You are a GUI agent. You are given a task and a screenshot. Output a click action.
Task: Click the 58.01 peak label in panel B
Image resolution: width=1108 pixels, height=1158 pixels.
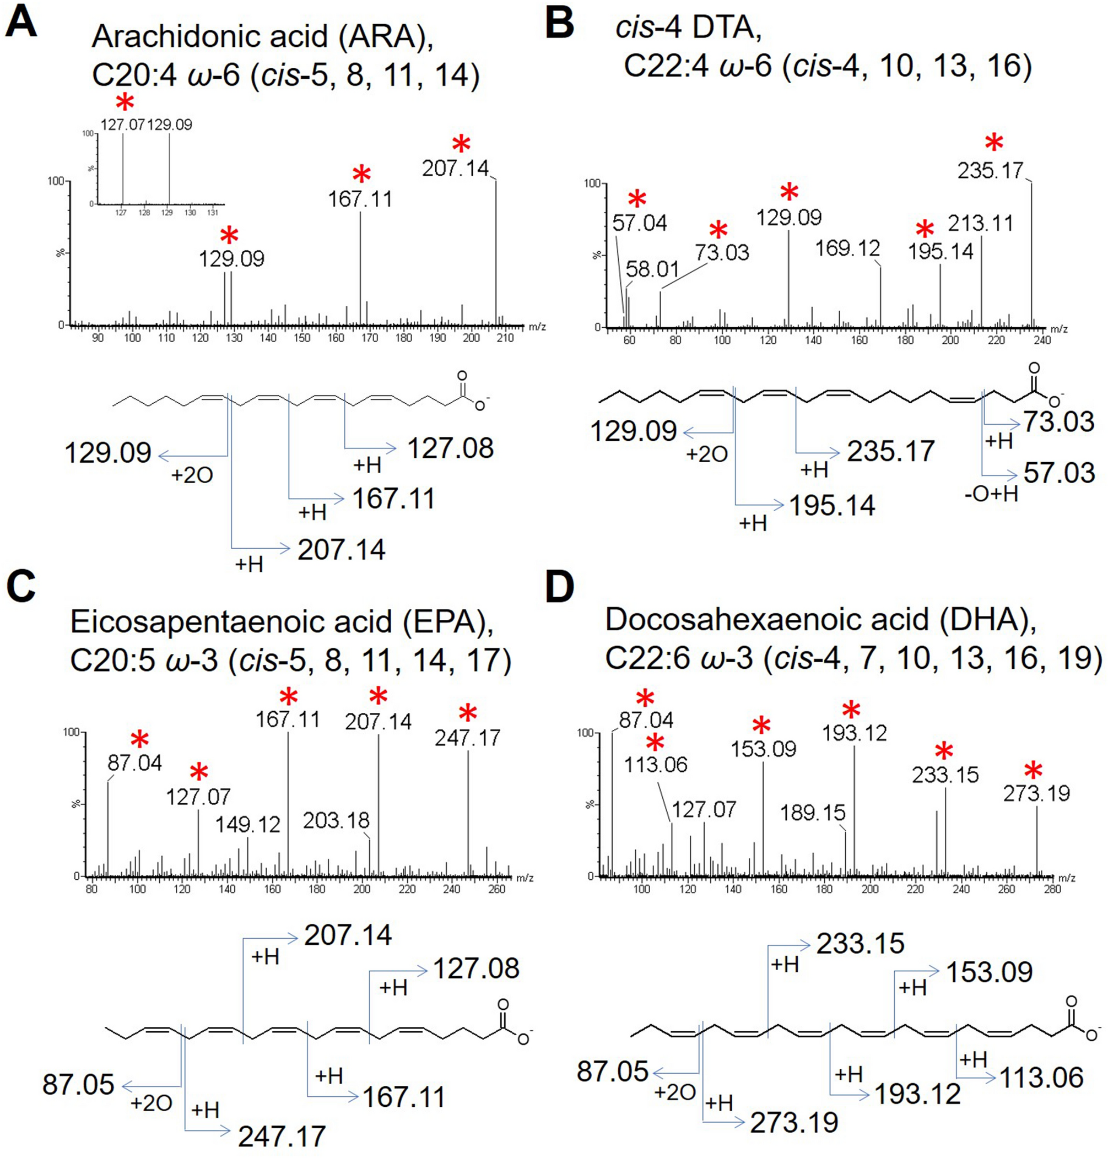tap(652, 269)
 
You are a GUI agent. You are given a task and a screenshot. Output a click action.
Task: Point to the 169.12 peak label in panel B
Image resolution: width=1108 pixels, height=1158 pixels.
tap(847, 248)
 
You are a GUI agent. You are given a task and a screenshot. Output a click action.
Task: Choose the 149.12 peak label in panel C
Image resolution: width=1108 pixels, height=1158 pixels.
tap(247, 824)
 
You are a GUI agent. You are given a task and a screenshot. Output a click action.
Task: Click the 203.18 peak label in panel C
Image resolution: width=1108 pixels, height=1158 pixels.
tap(336, 820)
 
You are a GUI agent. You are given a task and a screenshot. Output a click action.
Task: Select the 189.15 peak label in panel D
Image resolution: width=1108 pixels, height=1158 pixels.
tap(813, 813)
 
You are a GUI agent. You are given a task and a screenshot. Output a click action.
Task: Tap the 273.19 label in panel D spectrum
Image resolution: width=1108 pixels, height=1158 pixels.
tap(1036, 793)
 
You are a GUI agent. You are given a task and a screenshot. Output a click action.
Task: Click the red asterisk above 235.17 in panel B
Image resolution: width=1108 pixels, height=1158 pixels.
tap(994, 143)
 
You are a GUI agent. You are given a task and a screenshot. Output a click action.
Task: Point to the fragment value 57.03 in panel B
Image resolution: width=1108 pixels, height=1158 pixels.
tap(1059, 473)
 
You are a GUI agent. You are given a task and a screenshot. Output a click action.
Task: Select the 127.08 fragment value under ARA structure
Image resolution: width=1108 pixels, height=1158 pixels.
tap(450, 449)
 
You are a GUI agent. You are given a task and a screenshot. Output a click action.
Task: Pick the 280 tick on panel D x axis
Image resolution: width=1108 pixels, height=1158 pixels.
tap(1052, 888)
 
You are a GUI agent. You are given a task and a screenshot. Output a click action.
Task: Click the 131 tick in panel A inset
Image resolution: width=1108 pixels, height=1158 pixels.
tap(213, 213)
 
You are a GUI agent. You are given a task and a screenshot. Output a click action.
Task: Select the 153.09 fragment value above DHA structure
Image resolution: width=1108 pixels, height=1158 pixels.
tap(990, 971)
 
